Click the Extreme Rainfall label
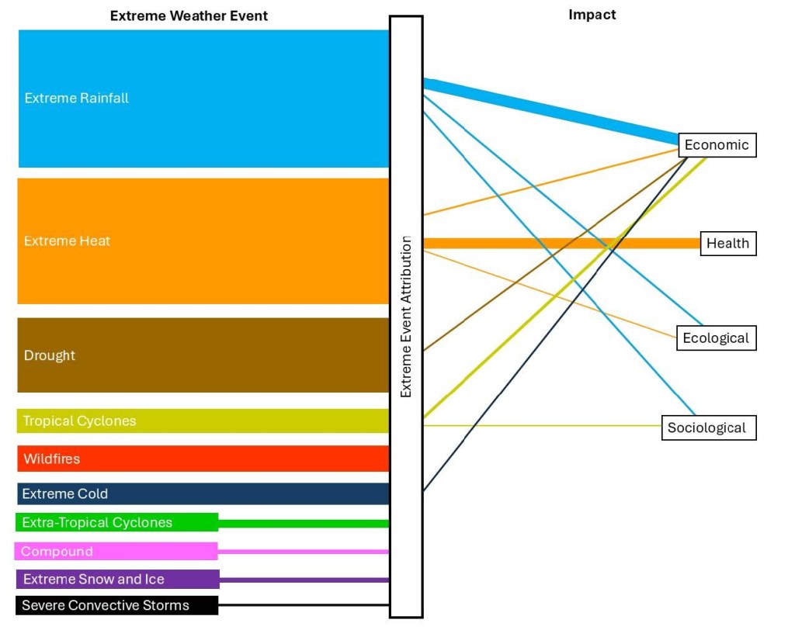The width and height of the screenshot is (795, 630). click(x=77, y=98)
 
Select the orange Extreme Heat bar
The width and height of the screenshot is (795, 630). click(x=203, y=241)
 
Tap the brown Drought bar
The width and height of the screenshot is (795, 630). click(x=203, y=355)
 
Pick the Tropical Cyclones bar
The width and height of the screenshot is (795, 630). click(x=203, y=421)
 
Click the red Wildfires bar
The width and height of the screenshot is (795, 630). click(x=203, y=459)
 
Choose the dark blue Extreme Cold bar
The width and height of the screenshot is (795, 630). click(x=203, y=493)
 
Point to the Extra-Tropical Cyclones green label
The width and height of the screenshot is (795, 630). click(x=116, y=522)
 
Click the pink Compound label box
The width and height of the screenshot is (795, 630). click(x=116, y=551)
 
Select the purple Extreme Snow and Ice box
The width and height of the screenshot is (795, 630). click(x=118, y=579)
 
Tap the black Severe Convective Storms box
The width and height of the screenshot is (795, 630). click(x=116, y=605)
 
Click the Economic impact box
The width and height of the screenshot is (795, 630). click(x=717, y=145)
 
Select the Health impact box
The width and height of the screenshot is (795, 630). click(x=728, y=244)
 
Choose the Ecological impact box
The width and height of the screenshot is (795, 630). click(x=717, y=337)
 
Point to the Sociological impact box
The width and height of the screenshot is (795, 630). click(x=709, y=427)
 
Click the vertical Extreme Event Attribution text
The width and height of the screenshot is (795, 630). click(x=405, y=317)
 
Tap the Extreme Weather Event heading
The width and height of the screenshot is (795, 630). click(x=189, y=16)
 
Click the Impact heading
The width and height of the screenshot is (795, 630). click(x=592, y=15)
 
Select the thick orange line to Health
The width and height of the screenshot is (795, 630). click(x=562, y=244)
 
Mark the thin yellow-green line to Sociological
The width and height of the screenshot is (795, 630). click(x=543, y=425)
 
